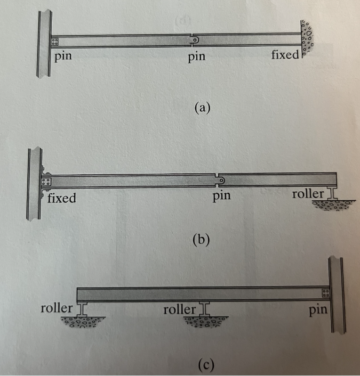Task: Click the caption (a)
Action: click(202, 107)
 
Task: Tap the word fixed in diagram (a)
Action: click(285, 55)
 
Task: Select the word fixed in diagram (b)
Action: click(62, 198)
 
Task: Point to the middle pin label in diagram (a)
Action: click(196, 57)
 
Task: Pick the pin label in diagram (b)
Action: click(222, 196)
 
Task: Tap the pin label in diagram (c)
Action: click(318, 311)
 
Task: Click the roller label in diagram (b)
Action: click(308, 194)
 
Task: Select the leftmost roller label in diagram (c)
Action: click(56, 309)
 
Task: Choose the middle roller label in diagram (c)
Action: click(179, 310)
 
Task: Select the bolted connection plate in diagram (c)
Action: click(325, 293)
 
